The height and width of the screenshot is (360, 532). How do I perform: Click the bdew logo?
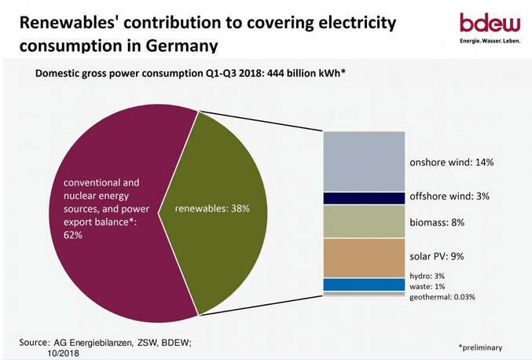490,28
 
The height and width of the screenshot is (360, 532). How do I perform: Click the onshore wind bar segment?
364,161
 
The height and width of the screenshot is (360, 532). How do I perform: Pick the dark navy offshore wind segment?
364,198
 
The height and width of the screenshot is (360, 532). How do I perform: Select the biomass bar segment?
364,221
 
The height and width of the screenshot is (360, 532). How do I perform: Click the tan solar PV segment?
364,258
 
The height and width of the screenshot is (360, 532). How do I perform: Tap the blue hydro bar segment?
364,285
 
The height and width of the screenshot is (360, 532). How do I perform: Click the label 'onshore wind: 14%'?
452,163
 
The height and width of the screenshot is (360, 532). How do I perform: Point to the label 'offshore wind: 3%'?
449,197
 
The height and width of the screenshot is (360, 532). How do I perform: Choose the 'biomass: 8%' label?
437,222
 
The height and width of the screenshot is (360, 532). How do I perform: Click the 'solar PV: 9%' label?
437,256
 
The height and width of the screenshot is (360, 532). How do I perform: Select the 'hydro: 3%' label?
427,276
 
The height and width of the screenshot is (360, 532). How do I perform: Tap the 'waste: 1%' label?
427,287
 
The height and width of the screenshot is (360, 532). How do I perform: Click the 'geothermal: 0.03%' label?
442,297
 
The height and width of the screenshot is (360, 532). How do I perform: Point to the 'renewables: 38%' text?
212,208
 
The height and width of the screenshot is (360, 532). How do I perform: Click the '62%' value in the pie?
73,235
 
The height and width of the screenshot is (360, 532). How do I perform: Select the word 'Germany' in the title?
182,46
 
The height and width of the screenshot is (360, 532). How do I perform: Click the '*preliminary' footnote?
480,347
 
